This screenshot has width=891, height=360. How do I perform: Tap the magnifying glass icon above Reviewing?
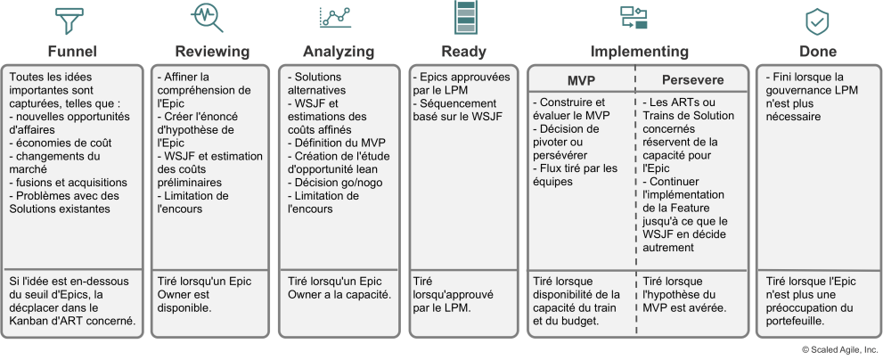[x=208, y=18]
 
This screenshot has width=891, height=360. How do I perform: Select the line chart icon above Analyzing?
[x=335, y=18]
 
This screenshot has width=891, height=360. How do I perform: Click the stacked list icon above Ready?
[x=464, y=17]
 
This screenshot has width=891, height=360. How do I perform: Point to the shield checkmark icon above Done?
[x=817, y=22]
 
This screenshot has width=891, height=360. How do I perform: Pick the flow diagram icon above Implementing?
[x=634, y=18]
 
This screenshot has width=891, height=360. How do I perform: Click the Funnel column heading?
[x=72, y=52]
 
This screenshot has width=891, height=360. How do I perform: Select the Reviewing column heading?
[x=212, y=52]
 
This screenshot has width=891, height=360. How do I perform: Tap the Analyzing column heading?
[x=339, y=52]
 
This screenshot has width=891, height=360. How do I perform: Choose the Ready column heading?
[x=463, y=52]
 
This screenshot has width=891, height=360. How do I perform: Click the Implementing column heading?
[x=639, y=52]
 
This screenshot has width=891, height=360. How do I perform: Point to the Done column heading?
[x=818, y=52]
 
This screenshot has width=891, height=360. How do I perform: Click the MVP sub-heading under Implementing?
[x=581, y=81]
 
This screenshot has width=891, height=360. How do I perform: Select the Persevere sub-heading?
[x=692, y=80]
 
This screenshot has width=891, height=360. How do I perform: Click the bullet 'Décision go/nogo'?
[x=335, y=183]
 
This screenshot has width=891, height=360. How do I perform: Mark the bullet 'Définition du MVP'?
[x=337, y=143]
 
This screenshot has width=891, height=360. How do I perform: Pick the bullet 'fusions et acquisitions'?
[x=69, y=183]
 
